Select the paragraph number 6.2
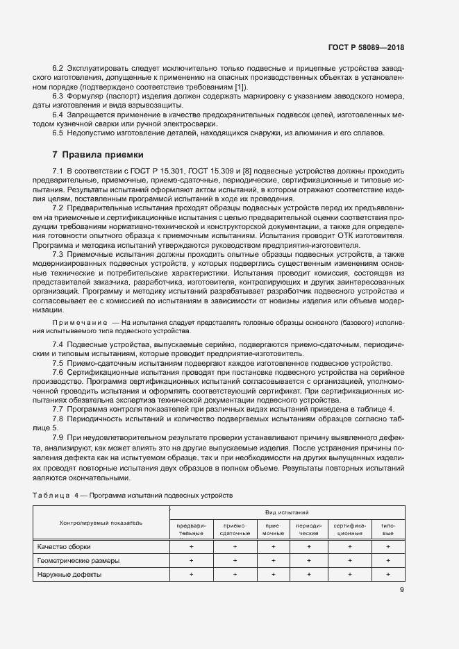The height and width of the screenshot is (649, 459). [58, 69]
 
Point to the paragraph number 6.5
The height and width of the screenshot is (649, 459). [58, 133]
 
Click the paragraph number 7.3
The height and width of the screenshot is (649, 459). [58, 255]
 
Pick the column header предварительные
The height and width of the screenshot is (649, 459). [191, 530]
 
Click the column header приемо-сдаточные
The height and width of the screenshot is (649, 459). [235, 530]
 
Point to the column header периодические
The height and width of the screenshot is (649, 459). [308, 530]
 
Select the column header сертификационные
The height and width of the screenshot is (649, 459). [350, 530]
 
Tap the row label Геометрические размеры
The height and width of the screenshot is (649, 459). [78, 561]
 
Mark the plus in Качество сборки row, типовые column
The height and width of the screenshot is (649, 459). [388, 547]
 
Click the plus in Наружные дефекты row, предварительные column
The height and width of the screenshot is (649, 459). [191, 575]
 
